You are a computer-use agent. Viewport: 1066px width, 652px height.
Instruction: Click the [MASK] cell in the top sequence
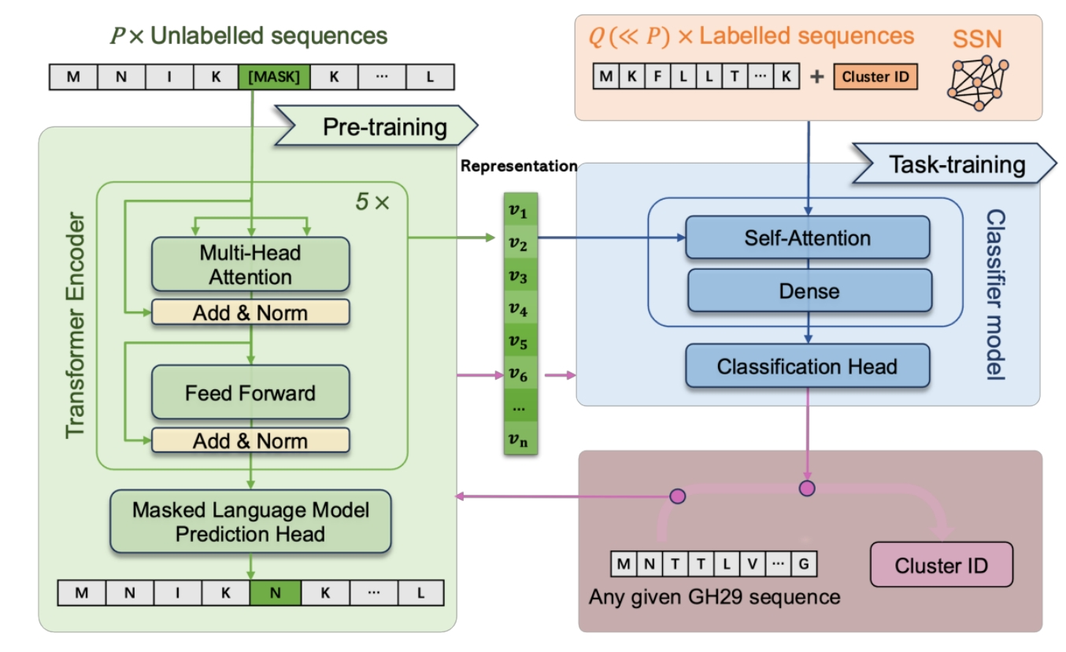[274, 78]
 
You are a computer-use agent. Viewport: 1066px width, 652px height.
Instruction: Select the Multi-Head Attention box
[250, 265]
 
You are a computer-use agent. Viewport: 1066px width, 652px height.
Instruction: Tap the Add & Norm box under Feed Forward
[250, 440]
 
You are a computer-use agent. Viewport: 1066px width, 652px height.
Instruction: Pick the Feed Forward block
[250, 392]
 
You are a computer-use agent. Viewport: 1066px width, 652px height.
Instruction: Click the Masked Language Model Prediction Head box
[250, 522]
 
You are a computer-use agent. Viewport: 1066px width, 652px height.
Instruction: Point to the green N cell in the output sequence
[274, 593]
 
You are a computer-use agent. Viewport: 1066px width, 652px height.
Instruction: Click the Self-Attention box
[807, 238]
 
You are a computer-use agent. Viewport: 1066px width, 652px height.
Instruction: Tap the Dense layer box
[809, 291]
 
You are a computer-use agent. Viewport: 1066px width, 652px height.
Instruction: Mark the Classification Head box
[807, 366]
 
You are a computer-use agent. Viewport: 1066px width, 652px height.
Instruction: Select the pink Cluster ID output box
[941, 565]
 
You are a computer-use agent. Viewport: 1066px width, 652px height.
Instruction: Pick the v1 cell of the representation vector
[519, 212]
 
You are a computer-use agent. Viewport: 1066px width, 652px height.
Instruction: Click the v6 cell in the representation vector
[519, 375]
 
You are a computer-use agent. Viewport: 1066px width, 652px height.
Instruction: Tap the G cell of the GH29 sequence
[804, 563]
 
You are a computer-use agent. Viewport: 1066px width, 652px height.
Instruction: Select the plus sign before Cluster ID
[816, 76]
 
